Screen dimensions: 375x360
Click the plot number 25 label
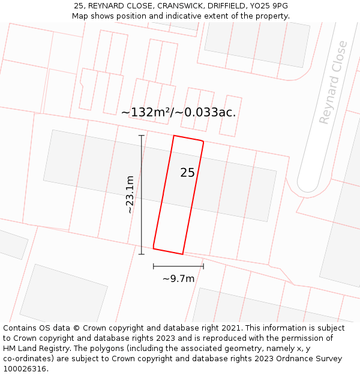[187, 173]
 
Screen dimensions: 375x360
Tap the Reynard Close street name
[333, 82]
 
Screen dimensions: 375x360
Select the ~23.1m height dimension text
[130, 194]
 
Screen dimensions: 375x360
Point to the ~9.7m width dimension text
[178, 278]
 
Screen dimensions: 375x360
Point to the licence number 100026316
[25, 369]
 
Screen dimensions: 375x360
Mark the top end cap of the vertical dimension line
[142, 136]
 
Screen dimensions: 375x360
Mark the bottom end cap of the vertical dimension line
[142, 254]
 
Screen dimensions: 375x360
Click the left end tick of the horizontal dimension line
[154, 266]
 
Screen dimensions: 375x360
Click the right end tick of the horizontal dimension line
[203, 266]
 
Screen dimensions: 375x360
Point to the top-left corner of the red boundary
[174, 136]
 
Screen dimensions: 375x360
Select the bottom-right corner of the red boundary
[182, 254]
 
